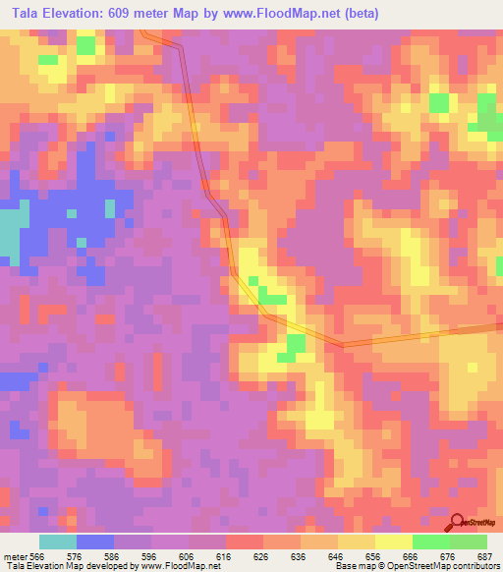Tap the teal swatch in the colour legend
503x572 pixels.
[58, 542]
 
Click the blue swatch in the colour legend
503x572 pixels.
[95, 542]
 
